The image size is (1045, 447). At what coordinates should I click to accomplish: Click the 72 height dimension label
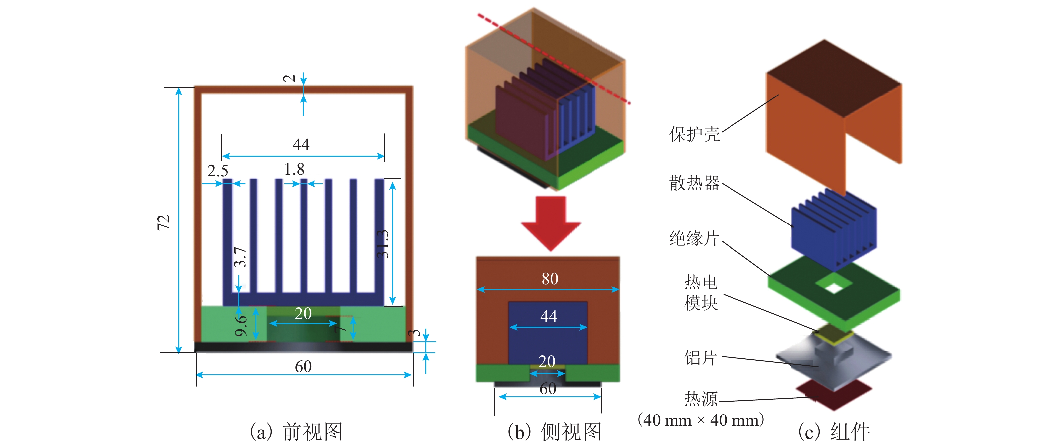click(x=163, y=223)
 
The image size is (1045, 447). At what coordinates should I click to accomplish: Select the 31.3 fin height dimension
click(x=383, y=244)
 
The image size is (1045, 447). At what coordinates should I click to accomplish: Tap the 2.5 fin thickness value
click(x=218, y=171)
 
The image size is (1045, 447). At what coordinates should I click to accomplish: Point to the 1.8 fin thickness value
click(x=294, y=169)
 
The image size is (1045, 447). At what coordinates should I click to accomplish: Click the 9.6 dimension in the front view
click(x=241, y=326)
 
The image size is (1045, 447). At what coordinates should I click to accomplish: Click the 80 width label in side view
click(x=550, y=279)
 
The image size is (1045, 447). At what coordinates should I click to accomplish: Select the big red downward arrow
click(x=550, y=223)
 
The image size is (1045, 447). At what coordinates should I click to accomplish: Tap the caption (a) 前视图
click(x=297, y=432)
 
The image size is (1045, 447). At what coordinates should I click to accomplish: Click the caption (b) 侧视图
click(x=554, y=432)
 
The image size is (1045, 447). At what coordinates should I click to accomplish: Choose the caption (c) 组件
click(x=834, y=432)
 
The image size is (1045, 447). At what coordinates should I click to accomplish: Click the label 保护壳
click(x=694, y=134)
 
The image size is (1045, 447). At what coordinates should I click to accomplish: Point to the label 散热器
click(x=694, y=183)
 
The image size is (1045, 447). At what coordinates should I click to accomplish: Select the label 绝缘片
click(x=694, y=238)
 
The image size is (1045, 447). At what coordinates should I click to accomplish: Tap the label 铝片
click(x=701, y=358)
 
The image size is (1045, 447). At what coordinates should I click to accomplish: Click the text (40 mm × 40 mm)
click(x=701, y=420)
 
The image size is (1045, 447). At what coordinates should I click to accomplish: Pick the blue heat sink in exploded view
click(x=834, y=231)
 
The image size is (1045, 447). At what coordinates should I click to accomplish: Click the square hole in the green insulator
click(x=834, y=288)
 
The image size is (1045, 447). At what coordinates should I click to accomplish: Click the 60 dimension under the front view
click(x=303, y=367)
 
